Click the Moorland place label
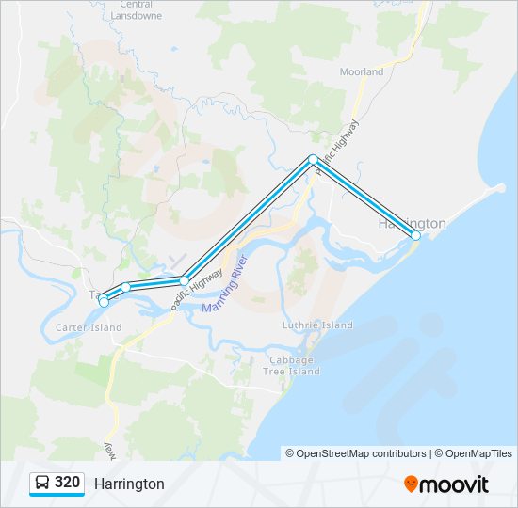tap(362, 71)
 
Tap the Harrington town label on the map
tap(412, 224)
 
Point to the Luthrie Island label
tap(318, 325)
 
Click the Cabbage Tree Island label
tap(295, 366)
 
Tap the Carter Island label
tap(89, 327)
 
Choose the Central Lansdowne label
tap(137, 10)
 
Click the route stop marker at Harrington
tap(415, 235)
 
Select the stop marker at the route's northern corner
tap(313, 159)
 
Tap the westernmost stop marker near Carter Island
tap(104, 302)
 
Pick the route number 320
tap(67, 483)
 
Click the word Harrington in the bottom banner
tap(129, 484)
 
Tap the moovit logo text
tap(454, 484)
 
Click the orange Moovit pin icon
tap(410, 484)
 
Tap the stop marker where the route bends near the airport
tap(185, 280)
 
